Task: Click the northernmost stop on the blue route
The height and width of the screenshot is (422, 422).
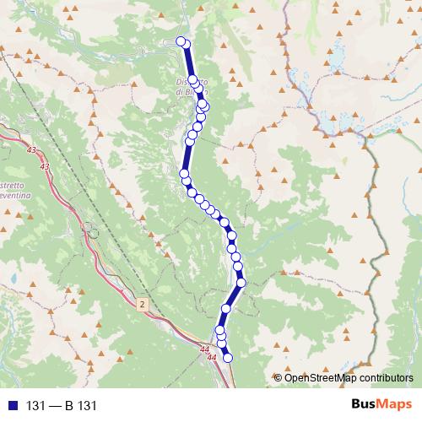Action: [x=181, y=41]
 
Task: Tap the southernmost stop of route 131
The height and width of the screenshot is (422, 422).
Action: [x=226, y=358]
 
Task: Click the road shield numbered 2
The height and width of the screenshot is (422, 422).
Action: [x=143, y=302]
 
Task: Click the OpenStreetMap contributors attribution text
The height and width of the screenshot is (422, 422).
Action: [x=349, y=377]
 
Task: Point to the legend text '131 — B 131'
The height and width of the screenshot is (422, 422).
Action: [x=62, y=405]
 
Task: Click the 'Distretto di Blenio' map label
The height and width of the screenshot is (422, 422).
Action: [x=192, y=87]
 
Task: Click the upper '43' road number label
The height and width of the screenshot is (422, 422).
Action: [x=32, y=150]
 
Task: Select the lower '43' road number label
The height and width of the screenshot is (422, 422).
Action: [x=44, y=167]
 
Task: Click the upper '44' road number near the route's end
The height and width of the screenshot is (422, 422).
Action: [x=205, y=349]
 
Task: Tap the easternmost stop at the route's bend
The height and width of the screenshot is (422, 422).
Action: [x=241, y=283]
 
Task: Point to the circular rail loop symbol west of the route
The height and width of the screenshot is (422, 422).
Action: [x=90, y=229]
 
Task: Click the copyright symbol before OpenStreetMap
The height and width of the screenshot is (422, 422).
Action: [x=278, y=377]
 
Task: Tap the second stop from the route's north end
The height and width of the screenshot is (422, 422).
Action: [x=187, y=44]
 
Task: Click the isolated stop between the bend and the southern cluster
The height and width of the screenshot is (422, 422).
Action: [x=226, y=309]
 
